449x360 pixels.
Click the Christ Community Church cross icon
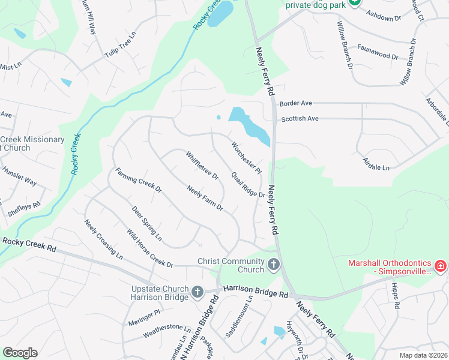pos(274,265)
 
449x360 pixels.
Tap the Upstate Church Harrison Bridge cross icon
pos(197,292)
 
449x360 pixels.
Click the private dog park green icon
pos(355,4)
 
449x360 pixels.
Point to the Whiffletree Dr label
pos(202,168)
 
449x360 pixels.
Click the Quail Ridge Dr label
pos(249,184)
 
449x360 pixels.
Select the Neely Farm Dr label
pos(205,199)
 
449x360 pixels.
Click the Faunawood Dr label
pos(378,52)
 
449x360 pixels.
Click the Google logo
pos(20,353)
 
